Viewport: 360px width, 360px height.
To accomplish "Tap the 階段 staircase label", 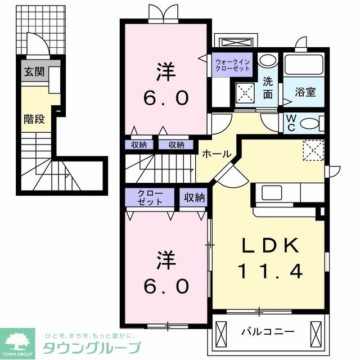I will pos(34,119).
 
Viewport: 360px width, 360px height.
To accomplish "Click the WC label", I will pos(292,122).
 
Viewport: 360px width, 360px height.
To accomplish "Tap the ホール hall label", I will pos(214,154).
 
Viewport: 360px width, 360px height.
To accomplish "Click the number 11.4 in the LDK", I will pos(270,272).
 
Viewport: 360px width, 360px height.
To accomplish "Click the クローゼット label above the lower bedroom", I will pos(150,197).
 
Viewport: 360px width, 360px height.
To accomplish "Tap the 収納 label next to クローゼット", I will pos(193,197).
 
